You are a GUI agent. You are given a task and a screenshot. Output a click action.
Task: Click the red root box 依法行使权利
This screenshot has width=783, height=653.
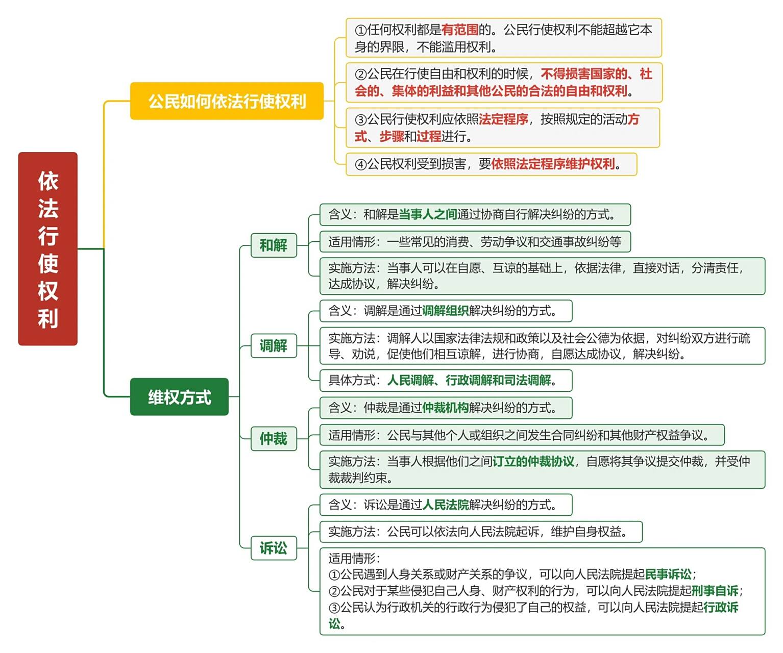pyautogui.click(x=47, y=249)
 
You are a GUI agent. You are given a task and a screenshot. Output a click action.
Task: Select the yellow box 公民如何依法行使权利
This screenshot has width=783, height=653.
pyautogui.click(x=227, y=101)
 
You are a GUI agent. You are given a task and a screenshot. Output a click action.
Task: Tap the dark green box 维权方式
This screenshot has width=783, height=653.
pyautogui.click(x=179, y=397)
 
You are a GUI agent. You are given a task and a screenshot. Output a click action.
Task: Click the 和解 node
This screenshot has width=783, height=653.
pyautogui.click(x=274, y=245)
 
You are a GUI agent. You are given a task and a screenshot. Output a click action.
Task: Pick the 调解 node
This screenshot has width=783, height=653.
pyautogui.click(x=274, y=346)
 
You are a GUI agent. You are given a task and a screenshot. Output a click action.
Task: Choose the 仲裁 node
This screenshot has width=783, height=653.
pyautogui.click(x=274, y=439)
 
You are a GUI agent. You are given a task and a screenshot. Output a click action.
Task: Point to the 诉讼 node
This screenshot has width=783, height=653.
pyautogui.click(x=274, y=548)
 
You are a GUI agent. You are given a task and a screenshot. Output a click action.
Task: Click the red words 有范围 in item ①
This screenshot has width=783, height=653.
pyautogui.click(x=459, y=30)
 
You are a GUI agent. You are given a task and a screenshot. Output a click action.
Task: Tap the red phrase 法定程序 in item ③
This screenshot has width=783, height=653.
pyautogui.click(x=503, y=119)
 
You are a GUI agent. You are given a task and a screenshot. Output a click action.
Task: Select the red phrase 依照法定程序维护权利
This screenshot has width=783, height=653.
pyautogui.click(x=553, y=164)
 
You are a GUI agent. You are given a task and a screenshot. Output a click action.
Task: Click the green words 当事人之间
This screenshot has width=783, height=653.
pyautogui.click(x=428, y=215)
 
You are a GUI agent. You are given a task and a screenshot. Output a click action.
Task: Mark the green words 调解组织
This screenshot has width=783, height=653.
pyautogui.click(x=445, y=311)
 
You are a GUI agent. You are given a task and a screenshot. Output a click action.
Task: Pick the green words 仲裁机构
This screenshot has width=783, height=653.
pyautogui.click(x=445, y=408)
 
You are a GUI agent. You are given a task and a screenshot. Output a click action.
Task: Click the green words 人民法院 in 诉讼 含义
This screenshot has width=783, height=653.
pyautogui.click(x=445, y=505)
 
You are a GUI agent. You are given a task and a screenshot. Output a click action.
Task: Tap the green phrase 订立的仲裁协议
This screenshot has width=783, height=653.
pyautogui.click(x=533, y=462)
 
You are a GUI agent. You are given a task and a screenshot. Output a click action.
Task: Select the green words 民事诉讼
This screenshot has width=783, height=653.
pyautogui.click(x=668, y=574)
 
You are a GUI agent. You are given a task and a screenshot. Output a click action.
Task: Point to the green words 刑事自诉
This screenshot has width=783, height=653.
pyautogui.click(x=715, y=591)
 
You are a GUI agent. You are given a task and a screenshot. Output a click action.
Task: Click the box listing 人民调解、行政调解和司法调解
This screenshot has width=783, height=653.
pyautogui.click(x=446, y=381)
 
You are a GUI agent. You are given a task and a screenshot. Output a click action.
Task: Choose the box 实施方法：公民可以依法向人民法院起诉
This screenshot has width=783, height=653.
pyautogui.click(x=480, y=532)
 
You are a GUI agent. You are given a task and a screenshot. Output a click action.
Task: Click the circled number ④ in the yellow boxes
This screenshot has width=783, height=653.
pyautogui.click(x=360, y=165)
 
